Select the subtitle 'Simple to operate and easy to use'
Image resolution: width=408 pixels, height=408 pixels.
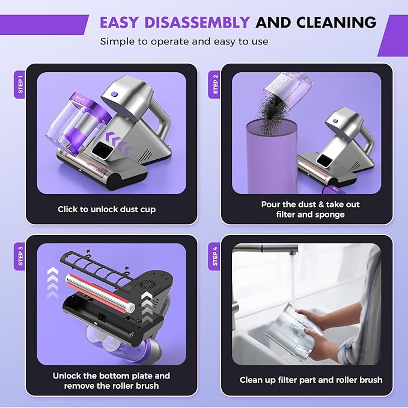184,41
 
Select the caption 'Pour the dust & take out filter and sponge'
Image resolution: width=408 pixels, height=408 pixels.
311,209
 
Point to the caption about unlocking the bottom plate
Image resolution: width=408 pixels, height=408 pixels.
111,380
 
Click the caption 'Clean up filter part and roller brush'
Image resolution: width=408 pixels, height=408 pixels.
311,380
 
